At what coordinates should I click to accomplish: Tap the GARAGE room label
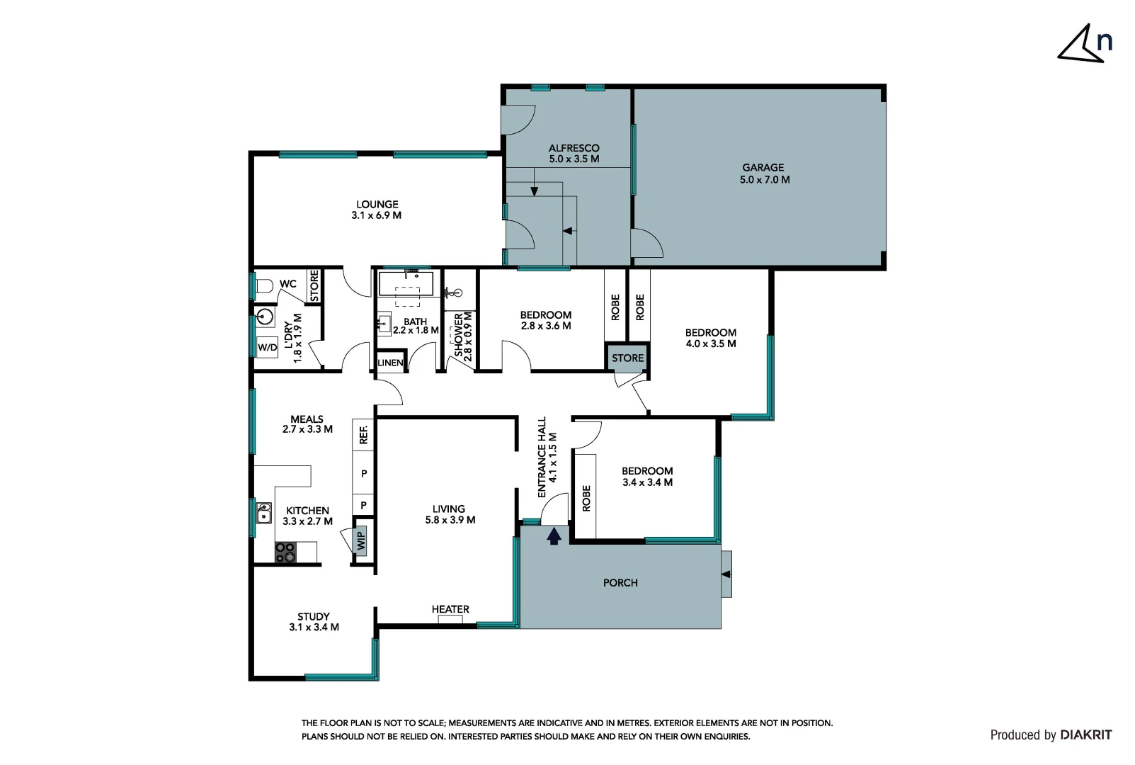763,167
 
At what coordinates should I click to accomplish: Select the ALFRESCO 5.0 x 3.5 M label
574,154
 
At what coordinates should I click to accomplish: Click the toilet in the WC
265,286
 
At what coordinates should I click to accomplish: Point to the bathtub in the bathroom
406,284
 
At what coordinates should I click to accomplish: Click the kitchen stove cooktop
285,552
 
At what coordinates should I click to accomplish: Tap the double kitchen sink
263,513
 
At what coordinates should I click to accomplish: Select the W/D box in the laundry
267,347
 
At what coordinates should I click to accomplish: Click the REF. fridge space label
363,434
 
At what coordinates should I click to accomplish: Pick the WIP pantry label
361,540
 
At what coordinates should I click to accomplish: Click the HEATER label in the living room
450,609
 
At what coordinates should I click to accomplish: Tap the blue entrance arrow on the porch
554,536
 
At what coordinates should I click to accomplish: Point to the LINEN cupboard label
390,363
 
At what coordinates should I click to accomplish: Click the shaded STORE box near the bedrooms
627,358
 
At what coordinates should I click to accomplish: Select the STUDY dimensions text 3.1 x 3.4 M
314,627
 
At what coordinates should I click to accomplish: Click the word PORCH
620,583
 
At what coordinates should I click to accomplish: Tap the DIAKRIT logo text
1086,735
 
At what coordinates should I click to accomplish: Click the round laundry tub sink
264,317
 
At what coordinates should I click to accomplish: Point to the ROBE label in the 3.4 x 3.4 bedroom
586,499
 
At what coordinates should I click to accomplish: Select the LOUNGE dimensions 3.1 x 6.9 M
377,215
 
